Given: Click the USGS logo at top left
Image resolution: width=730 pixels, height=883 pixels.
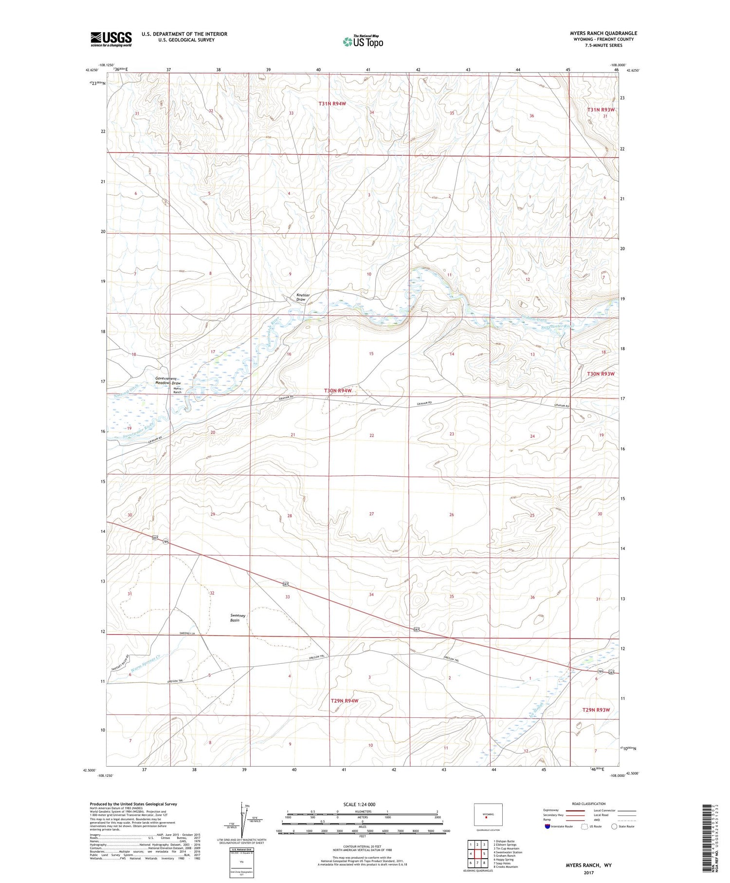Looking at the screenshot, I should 111,39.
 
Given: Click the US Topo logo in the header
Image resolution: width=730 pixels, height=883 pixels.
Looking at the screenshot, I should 363,42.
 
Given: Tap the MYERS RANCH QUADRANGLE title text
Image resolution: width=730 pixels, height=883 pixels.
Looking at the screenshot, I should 603,33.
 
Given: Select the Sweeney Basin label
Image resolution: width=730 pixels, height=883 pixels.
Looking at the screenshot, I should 238,618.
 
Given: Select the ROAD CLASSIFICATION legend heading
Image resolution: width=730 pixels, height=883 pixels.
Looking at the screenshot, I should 589,804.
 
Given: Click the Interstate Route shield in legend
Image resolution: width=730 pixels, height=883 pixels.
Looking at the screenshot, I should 547,827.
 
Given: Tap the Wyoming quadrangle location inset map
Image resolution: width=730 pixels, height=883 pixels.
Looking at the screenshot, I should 488,815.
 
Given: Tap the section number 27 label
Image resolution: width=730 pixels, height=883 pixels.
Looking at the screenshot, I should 371,514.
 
